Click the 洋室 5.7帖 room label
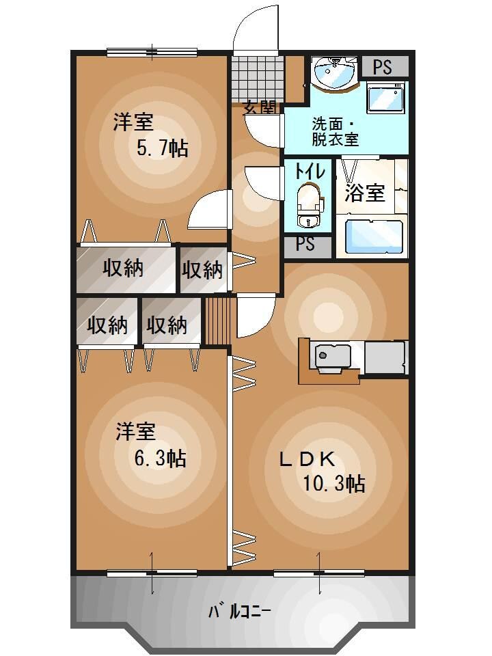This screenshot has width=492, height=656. pyautogui.click(x=150, y=135)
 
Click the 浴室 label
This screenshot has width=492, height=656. pyautogui.click(x=364, y=193)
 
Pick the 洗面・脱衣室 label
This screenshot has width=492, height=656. pyautogui.click(x=336, y=132)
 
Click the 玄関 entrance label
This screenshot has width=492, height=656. pyautogui.click(x=260, y=107)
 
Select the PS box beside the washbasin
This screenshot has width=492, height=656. pyautogui.click(x=383, y=67)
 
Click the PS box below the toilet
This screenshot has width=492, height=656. pyautogui.click(x=305, y=244)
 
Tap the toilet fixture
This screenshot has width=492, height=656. pyautogui.click(x=309, y=206)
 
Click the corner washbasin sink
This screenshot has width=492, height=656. pyautogui.click(x=333, y=71)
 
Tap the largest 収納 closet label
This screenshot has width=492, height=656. pyautogui.click(x=123, y=269)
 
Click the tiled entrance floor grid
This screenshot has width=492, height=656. pyautogui.click(x=257, y=77)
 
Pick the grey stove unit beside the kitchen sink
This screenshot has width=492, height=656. pyautogui.click(x=385, y=356)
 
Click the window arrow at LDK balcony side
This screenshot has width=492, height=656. pyautogui.click(x=319, y=567)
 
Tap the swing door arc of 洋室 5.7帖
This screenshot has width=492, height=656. pyautogui.click(x=208, y=210)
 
